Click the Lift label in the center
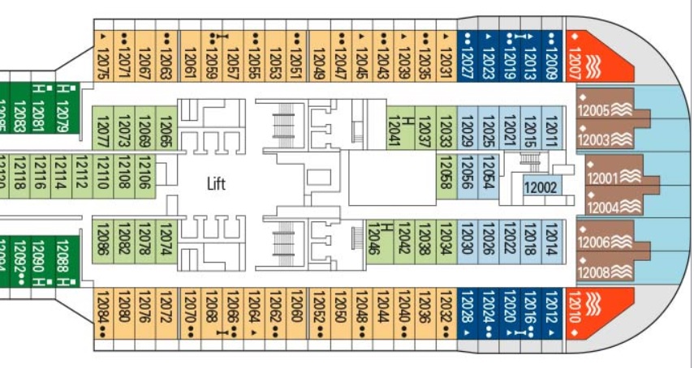(216, 184)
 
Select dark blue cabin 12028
(467, 312)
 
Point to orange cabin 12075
(103, 57)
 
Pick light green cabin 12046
(376, 240)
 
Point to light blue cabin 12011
(551, 129)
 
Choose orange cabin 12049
(319, 57)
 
